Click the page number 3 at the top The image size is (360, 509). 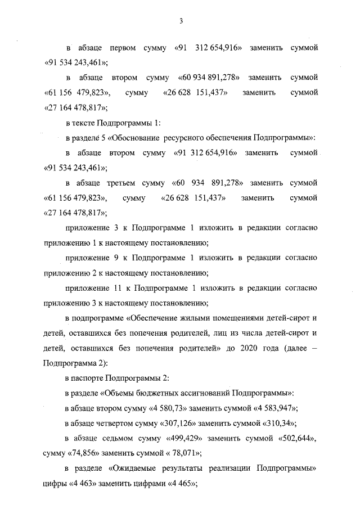point(181,21)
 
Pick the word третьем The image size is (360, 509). point(128,183)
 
